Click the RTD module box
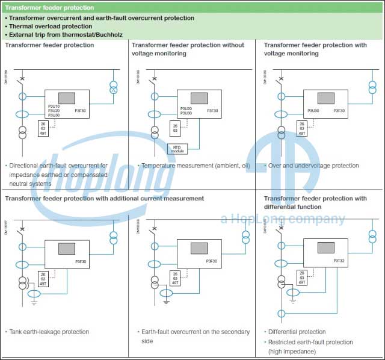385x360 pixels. pyautogui.click(x=177, y=149)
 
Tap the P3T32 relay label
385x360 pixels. pyautogui.click(x=339, y=261)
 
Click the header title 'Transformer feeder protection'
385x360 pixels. pyautogui.click(x=49, y=8)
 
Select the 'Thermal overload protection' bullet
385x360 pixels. pyautogui.click(x=51, y=26)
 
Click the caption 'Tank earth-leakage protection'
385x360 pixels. pyautogui.click(x=49, y=332)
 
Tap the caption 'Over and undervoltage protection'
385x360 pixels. pyautogui.click(x=313, y=166)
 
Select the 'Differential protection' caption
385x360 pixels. pyautogui.click(x=297, y=332)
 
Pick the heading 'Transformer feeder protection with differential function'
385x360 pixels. pyautogui.click(x=315, y=202)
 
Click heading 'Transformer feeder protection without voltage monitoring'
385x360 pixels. pyautogui.click(x=188, y=49)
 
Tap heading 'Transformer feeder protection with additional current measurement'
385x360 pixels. pyautogui.click(x=104, y=198)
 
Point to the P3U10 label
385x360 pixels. pyautogui.click(x=54, y=106)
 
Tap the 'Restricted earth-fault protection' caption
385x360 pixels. pyautogui.click(x=310, y=342)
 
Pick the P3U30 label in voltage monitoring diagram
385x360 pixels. pyautogui.click(x=313, y=111)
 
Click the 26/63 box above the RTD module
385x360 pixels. pyautogui.click(x=175, y=127)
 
